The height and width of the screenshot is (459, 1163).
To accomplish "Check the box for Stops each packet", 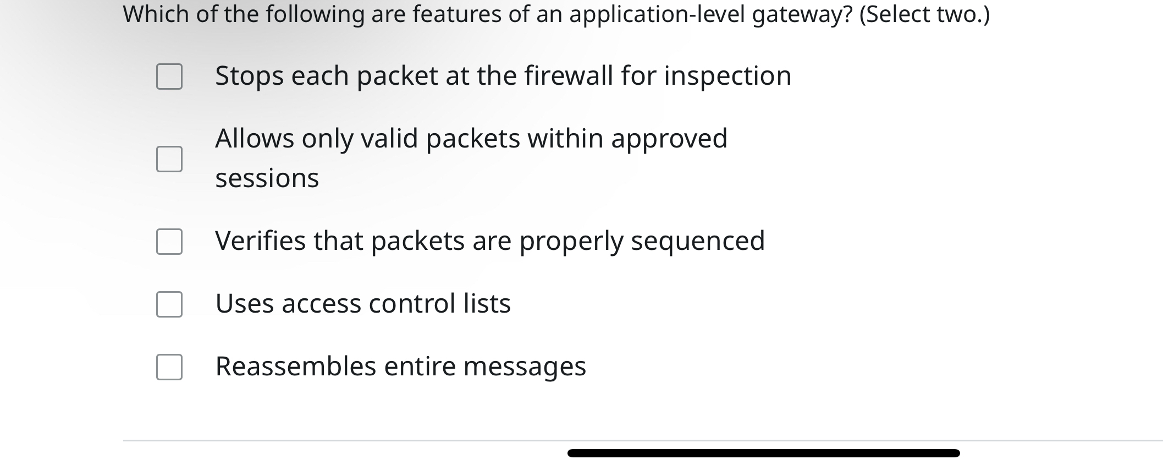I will (x=169, y=76).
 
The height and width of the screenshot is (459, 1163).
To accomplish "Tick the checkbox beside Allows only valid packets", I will (x=169, y=159).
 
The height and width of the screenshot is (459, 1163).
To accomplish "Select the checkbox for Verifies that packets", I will (x=169, y=242).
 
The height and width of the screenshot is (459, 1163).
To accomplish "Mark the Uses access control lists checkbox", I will (x=169, y=304).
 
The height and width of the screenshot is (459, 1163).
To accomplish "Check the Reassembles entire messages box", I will (x=169, y=367).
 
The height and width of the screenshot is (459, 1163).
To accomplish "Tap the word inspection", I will (x=727, y=76).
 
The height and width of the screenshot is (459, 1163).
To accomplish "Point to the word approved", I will (x=669, y=139).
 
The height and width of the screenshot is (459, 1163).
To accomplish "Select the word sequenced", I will (x=697, y=241).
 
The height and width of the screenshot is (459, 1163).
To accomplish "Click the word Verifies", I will (x=260, y=241).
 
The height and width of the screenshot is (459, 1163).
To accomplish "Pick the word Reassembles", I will (x=295, y=367).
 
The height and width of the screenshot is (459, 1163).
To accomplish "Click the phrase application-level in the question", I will (x=657, y=14).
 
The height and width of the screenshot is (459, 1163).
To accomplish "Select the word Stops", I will (x=249, y=76).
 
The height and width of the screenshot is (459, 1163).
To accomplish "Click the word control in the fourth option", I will (x=412, y=304).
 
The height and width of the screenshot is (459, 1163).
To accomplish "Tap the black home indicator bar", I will (x=763, y=453).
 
